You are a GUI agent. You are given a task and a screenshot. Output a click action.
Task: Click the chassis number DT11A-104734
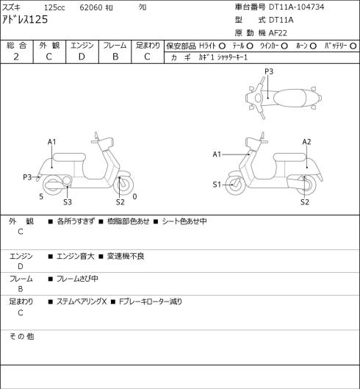pyautogui.click(x=297, y=7)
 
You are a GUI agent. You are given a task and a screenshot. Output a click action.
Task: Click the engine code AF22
pyautogui.click(x=278, y=33)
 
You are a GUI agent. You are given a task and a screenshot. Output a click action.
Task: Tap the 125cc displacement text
pyautogui.click(x=54, y=7)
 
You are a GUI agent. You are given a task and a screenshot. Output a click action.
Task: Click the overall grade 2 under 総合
pyautogui.click(x=16, y=57)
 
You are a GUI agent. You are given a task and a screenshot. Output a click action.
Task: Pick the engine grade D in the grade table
pyautogui.click(x=82, y=57)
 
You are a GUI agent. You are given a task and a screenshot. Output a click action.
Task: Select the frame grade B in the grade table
pyautogui.click(x=115, y=57)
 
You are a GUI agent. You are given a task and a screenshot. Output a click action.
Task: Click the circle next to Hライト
pyautogui.click(x=222, y=46)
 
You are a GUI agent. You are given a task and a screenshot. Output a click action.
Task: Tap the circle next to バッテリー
pyautogui.click(x=353, y=46)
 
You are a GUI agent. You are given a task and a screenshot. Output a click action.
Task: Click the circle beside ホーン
pyautogui.click(x=313, y=46)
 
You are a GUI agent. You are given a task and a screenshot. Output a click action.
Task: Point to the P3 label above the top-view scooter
pyautogui.click(x=269, y=71)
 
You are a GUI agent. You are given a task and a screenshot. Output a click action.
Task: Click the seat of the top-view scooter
pyautogui.click(x=289, y=98)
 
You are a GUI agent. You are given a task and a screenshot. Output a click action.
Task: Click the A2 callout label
pyautogui.click(x=306, y=142)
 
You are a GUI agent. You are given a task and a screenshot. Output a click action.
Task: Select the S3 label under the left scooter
pyautogui.click(x=68, y=202)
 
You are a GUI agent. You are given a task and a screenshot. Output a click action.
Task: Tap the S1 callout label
pyautogui.click(x=217, y=185)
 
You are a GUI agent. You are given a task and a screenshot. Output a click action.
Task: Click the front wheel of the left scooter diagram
pyautogui.click(x=123, y=185)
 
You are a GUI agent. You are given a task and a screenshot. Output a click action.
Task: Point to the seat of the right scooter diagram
pyautogui.click(x=289, y=157)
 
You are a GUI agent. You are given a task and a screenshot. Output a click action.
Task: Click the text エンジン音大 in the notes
pyautogui.click(x=76, y=257)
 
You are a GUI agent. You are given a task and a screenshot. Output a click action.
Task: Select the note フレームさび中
pyautogui.click(x=77, y=279)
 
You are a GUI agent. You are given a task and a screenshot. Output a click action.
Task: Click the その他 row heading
pyautogui.click(x=21, y=336)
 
